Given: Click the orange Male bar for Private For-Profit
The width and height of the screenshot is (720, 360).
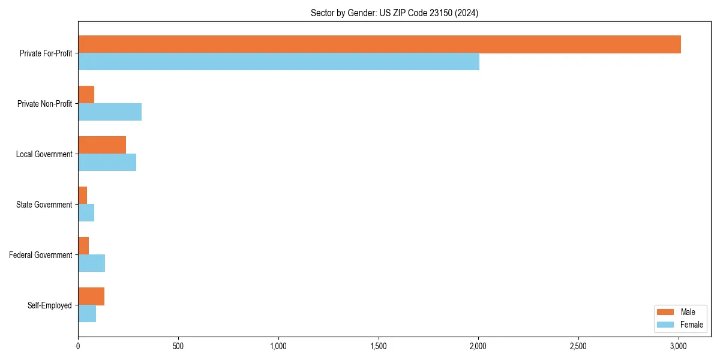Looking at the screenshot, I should coord(379,44).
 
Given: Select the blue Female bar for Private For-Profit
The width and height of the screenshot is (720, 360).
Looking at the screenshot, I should coord(278,62).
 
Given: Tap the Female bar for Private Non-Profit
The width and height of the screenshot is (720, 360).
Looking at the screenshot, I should coord(110,112).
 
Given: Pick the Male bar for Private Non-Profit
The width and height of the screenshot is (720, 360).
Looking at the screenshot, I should coord(86,95).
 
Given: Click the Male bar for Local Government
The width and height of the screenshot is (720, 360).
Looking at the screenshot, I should coord(102,145).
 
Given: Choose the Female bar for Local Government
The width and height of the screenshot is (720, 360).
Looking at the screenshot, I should coord(107,163).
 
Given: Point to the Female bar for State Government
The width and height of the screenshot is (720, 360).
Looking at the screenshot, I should coord(86,213).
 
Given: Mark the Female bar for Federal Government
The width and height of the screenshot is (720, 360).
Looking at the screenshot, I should coord(91,263).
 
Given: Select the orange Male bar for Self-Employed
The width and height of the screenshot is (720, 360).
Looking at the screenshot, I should coord(91,296).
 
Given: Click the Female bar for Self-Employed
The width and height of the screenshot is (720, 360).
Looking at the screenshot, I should coord(87,314).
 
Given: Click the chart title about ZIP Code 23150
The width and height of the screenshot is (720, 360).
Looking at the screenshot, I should coord(394,13).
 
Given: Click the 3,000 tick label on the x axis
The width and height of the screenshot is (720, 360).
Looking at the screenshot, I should coord(678,346).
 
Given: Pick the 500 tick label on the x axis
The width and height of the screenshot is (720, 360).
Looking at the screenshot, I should coord(178,346).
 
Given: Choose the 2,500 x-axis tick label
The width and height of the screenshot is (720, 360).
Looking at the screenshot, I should coord(578,346).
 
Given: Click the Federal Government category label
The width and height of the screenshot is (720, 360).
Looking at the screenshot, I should coord(40,255).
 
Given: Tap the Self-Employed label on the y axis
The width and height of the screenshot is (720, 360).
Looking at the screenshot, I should coord(49,305).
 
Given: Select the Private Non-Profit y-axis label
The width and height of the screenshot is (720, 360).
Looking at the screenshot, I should coord(44,104).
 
